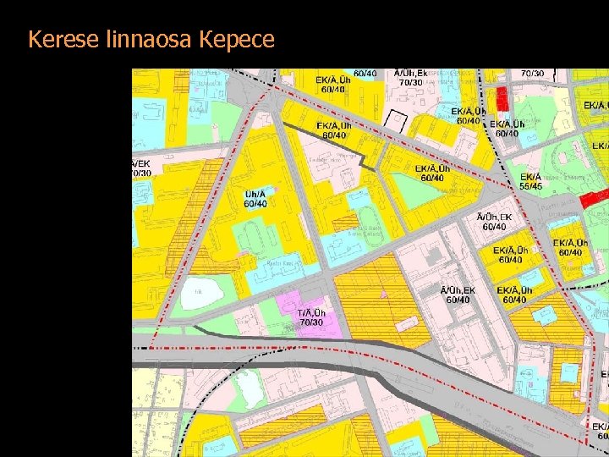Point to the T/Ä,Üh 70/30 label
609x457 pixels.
point(311,317)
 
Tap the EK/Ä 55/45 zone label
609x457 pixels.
point(531,181)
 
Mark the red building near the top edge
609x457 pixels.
point(502,98)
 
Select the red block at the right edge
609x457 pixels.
point(594,199)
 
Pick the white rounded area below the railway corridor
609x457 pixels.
point(247,386)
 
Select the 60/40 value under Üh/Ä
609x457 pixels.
point(255,203)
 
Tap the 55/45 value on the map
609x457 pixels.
point(531,186)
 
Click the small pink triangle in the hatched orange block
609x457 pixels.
point(383,295)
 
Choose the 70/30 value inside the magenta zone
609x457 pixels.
point(311,322)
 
